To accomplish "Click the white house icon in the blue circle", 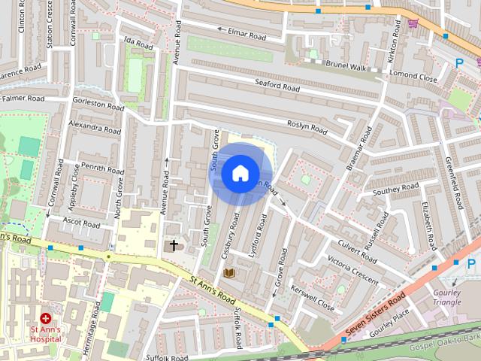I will point(240,174).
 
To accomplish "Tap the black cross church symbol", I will point(174,245).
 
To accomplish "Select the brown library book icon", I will point(229,272).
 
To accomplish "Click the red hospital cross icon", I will point(45,319).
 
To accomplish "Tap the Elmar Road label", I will point(247,34).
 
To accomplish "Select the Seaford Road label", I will point(277,86).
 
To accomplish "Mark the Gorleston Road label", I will point(98,105).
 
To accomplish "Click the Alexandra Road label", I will point(94,125).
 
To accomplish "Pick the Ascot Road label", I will point(82,223).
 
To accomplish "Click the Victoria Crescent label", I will point(352,269).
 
